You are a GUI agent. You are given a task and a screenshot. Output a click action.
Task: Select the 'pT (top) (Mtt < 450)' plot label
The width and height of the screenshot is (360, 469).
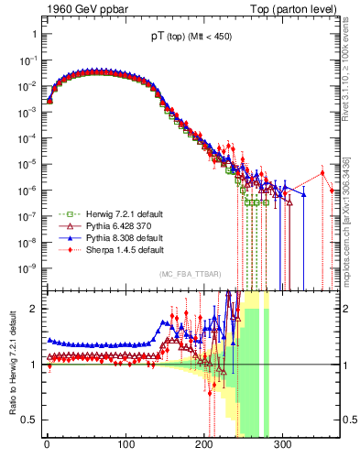[191, 38]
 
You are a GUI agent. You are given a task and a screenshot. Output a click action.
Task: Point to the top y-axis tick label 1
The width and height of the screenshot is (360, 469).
[31, 34]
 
